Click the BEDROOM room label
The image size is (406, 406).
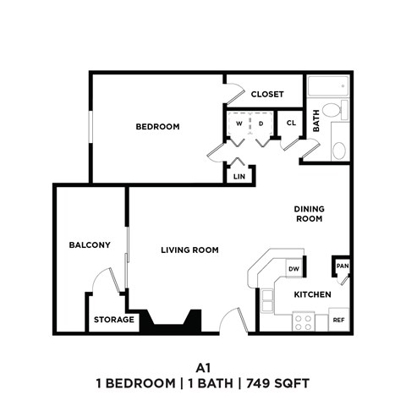pyautogui.click(x=158, y=127)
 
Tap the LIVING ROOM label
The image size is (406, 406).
pyautogui.click(x=190, y=250)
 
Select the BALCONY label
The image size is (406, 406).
pyautogui.click(x=90, y=245)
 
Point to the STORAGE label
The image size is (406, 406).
pyautogui.click(x=113, y=320)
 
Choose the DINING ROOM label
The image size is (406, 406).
pyautogui.click(x=309, y=214)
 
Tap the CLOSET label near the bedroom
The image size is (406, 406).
pyautogui.click(x=267, y=95)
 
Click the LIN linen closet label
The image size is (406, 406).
pyautogui.click(x=239, y=176)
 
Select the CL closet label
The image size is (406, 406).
pyautogui.click(x=290, y=123)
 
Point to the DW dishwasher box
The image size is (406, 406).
pyautogui.click(x=294, y=270)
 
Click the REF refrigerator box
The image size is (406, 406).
pyautogui.click(x=337, y=321)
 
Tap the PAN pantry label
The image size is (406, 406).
pyautogui.click(x=342, y=266)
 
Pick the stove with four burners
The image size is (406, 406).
pyautogui.click(x=303, y=321)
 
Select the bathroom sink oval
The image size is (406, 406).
pyautogui.click(x=338, y=150)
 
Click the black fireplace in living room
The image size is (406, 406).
pyautogui.click(x=172, y=321)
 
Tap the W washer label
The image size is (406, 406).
pyautogui.click(x=239, y=123)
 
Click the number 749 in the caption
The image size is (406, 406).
pyautogui.click(x=261, y=383)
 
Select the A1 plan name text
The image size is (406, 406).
pyautogui.click(x=202, y=367)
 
